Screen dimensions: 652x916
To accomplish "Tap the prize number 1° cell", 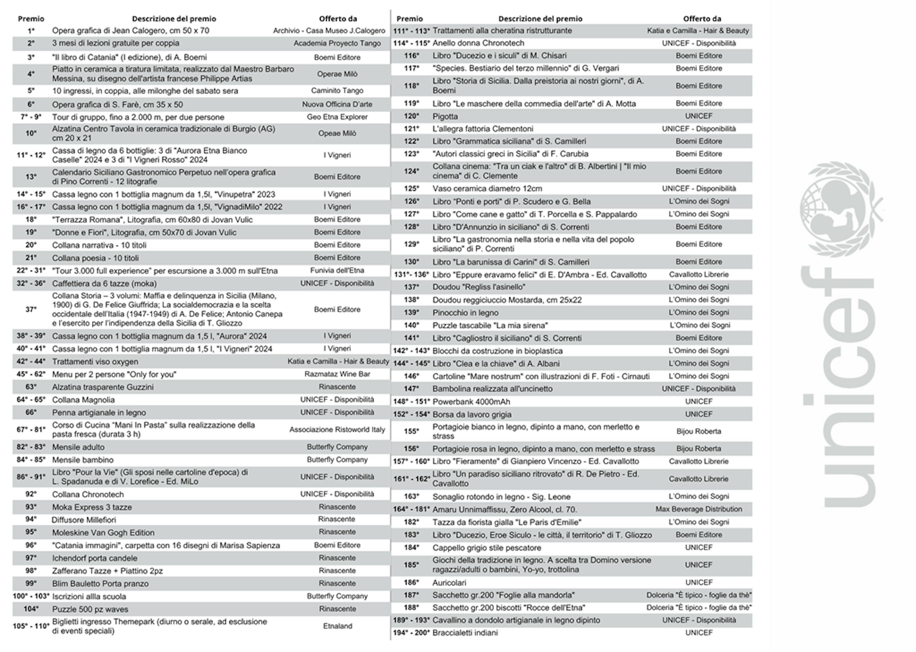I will tap(31, 30).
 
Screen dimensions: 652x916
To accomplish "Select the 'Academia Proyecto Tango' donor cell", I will tap(337, 43).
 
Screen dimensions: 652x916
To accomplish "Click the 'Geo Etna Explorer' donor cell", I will tap(337, 117).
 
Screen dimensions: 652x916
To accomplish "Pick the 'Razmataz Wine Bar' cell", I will tap(337, 374).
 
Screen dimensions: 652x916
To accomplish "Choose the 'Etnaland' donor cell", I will tap(337, 626).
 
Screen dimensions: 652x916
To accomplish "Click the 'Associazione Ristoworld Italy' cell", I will tap(337, 430).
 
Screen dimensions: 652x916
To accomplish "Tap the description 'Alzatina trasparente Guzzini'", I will tap(102, 387).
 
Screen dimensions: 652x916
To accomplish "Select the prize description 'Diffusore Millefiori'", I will tap(83, 520).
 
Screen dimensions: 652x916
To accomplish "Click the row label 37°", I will tap(31, 309).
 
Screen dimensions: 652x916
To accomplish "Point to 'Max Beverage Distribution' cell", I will tap(698, 509).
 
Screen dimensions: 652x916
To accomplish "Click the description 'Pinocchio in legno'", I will tap(465, 313).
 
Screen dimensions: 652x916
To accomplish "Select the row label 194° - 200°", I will tap(411, 633).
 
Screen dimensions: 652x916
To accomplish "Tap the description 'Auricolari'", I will tap(449, 583).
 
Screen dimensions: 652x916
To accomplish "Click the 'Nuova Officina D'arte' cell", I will tap(337, 104).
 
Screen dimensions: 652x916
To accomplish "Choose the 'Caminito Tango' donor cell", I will tap(337, 91).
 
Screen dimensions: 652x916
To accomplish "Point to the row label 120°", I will tap(411, 116).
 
